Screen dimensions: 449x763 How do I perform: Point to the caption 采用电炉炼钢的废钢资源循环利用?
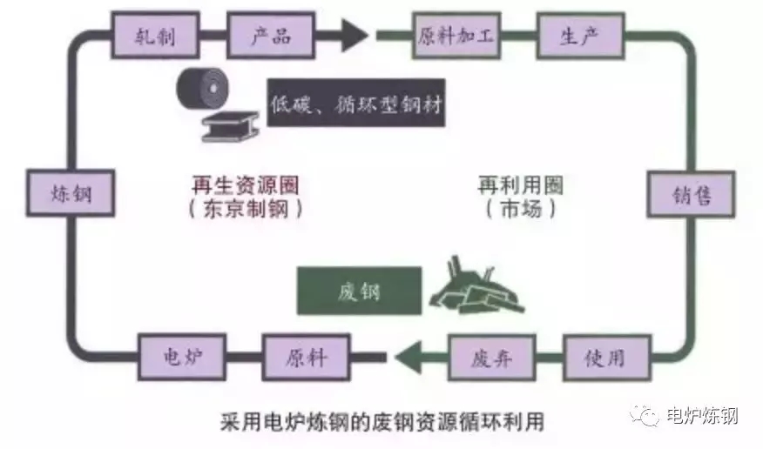point(379,422)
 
